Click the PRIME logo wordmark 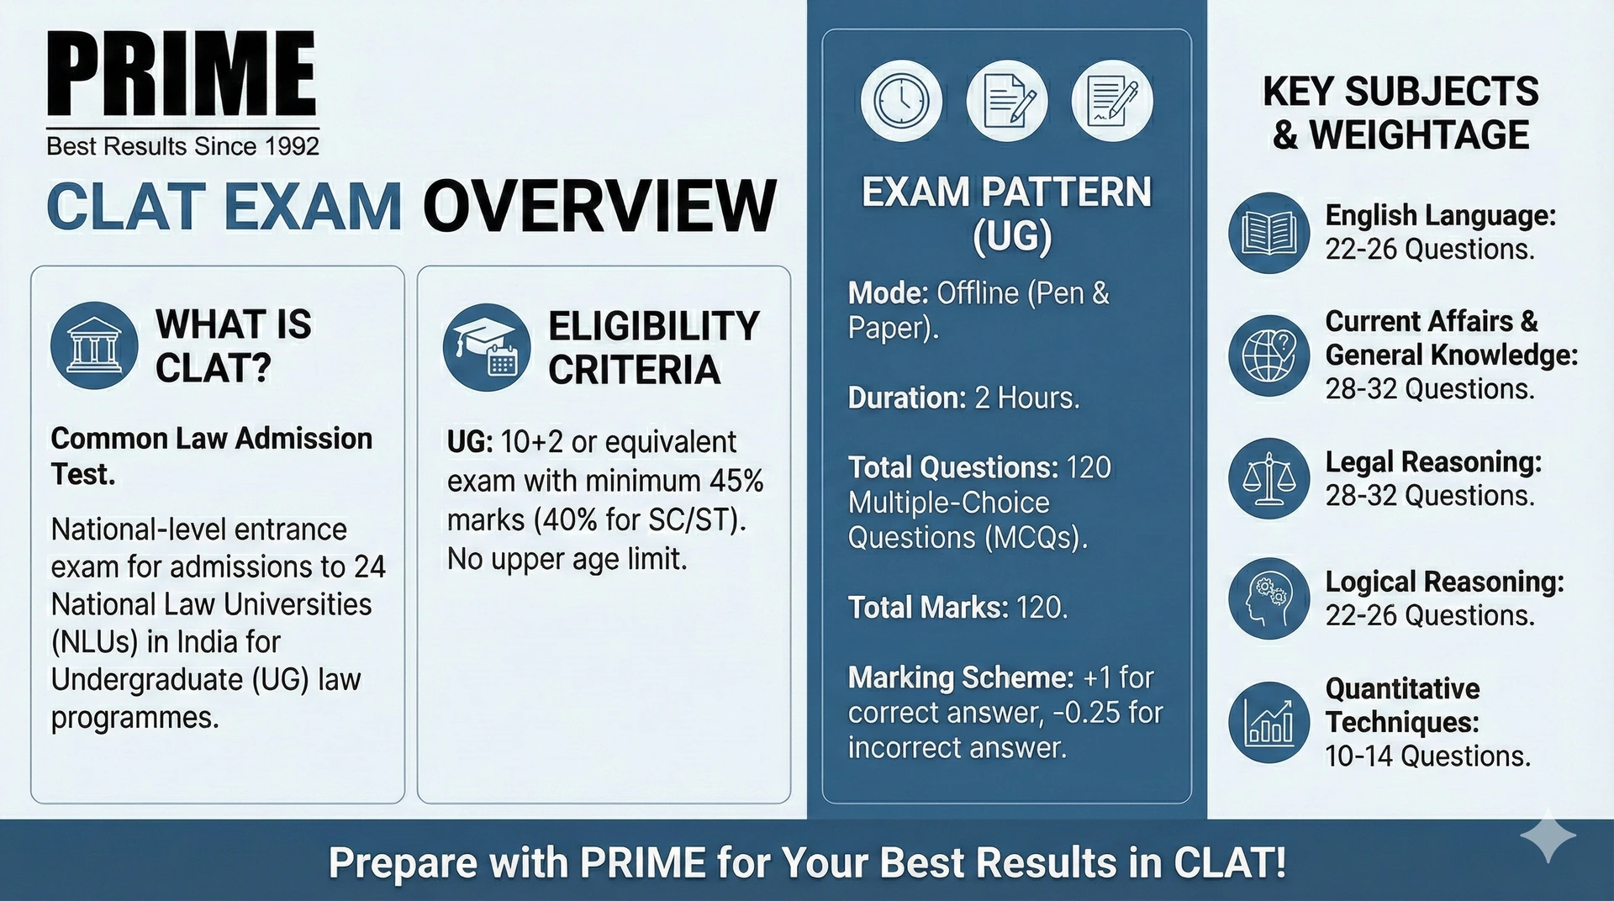click(182, 73)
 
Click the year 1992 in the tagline click(292, 146)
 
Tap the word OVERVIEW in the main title click(599, 207)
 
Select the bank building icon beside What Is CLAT click(94, 345)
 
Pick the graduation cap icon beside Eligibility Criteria click(487, 347)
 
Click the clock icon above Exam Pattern click(901, 101)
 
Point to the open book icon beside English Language click(1269, 233)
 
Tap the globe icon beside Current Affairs click(1269, 356)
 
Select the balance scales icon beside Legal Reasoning click(1269, 478)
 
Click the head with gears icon click(1269, 598)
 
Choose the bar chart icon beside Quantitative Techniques click(1269, 722)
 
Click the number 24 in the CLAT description click(370, 567)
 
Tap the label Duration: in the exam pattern click(907, 398)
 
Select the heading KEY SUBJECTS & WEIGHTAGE click(1400, 113)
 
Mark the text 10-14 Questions click(1428, 756)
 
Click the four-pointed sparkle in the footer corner click(1548, 835)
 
